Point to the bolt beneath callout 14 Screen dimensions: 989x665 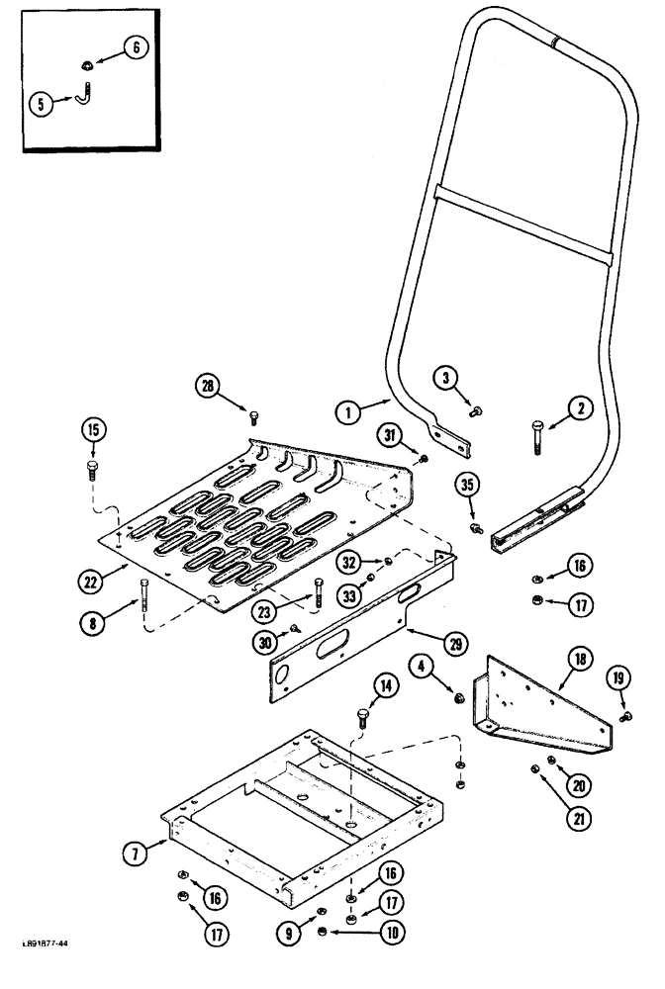tap(362, 720)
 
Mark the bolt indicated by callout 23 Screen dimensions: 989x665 tap(317, 593)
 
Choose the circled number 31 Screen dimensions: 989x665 tap(391, 433)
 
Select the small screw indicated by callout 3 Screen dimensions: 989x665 tap(478, 408)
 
